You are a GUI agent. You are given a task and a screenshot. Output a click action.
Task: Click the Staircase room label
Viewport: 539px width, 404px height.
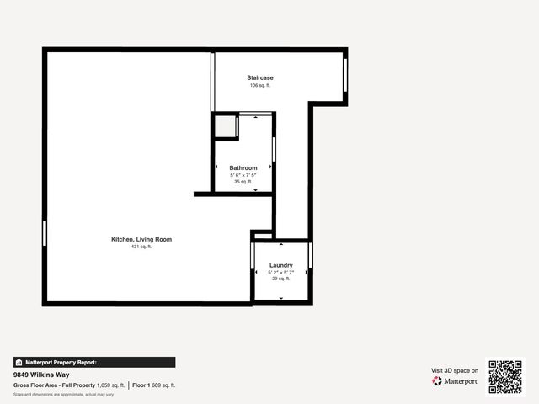click(259, 77)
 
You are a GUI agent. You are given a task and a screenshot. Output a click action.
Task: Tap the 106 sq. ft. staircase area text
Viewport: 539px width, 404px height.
click(259, 86)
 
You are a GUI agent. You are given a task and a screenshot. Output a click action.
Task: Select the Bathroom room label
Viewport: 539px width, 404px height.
click(243, 167)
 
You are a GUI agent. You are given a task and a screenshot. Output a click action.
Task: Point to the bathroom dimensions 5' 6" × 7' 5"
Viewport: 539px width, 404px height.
click(243, 174)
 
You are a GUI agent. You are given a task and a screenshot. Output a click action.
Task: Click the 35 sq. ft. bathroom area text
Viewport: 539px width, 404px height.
click(243, 181)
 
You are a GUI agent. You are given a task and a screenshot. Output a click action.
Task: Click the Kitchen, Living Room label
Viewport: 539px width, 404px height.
click(141, 239)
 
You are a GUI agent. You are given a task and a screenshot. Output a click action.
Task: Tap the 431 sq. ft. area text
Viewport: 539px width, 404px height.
click(141, 247)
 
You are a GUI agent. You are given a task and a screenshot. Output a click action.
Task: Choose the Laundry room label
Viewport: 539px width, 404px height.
click(280, 265)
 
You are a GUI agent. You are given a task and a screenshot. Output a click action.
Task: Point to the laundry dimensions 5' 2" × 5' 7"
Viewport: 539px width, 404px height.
click(280, 272)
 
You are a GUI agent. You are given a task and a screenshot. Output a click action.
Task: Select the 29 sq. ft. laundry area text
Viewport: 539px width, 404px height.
click(280, 279)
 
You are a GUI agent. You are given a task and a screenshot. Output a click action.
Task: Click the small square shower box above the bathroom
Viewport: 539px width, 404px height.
click(225, 127)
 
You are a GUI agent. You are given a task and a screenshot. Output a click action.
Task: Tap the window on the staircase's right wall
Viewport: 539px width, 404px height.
click(345, 77)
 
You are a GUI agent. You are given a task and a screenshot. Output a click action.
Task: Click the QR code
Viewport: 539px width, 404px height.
click(505, 377)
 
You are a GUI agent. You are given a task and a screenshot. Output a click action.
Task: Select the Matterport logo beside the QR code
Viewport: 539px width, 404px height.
click(456, 381)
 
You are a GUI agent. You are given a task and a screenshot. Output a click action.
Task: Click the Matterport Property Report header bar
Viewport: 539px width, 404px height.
click(94, 362)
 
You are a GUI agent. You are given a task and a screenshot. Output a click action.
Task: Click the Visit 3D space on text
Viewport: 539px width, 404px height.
click(455, 370)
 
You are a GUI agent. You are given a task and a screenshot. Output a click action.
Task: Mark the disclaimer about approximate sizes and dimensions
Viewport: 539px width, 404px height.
click(64, 394)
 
